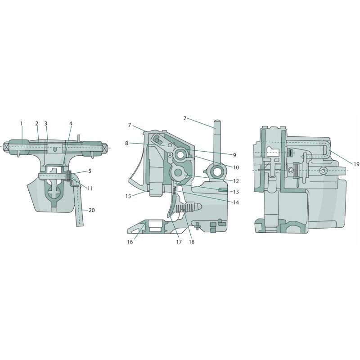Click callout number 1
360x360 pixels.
(21, 123)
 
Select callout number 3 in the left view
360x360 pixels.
(45, 123)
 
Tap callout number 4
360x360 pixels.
(71, 123)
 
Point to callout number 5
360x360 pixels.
(90, 171)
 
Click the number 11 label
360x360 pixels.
(90, 188)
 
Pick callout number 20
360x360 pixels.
(92, 210)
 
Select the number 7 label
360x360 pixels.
(129, 125)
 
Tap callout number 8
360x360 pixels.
(127, 143)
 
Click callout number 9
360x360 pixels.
(234, 155)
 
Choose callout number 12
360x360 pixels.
(236, 181)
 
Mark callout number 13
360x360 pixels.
(236, 192)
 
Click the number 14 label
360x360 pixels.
(236, 202)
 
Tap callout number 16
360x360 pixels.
(130, 242)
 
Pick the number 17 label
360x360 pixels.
(179, 242)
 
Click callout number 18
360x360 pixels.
(192, 242)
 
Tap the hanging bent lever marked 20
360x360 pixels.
(79, 207)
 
